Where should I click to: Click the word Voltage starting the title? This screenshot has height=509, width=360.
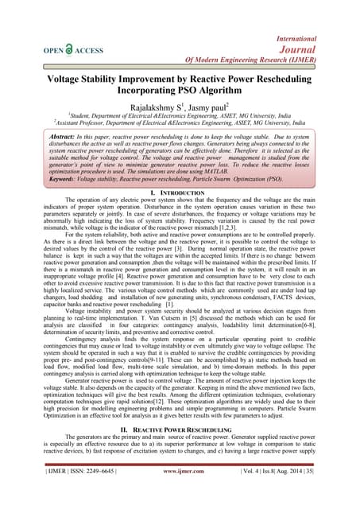pyautogui.click(x=49, y=81)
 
